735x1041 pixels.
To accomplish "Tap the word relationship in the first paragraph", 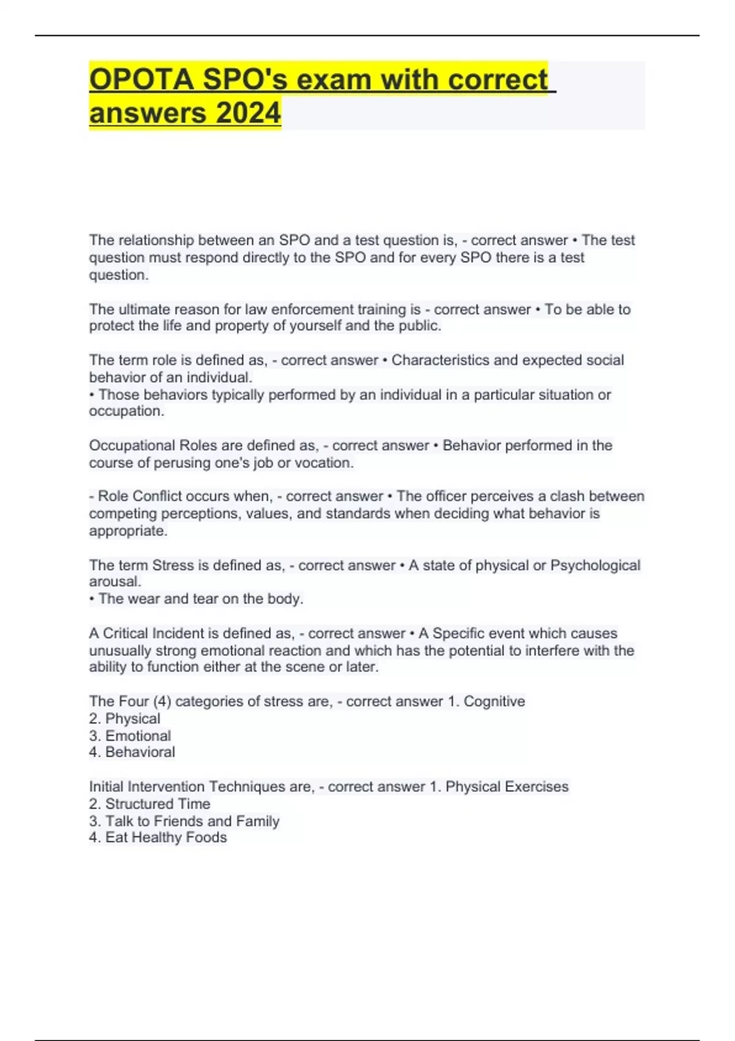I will tap(154, 240).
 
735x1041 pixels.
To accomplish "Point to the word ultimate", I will tap(145, 309).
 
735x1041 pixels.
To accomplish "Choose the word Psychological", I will tap(595, 565).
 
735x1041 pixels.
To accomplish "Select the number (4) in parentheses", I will tap(162, 701).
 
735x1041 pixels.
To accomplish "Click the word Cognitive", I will tap(494, 701).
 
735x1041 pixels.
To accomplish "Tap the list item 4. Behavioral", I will tap(132, 752).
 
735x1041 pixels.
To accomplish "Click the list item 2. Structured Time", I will tap(149, 803).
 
